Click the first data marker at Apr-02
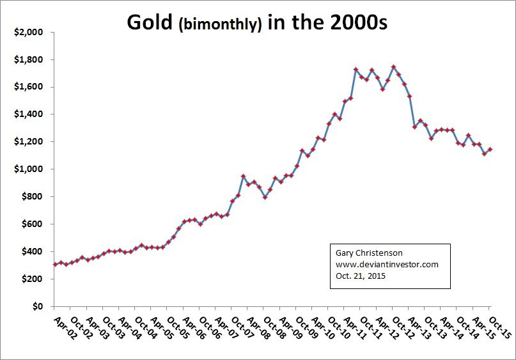pos(55,264)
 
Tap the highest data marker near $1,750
pos(393,67)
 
